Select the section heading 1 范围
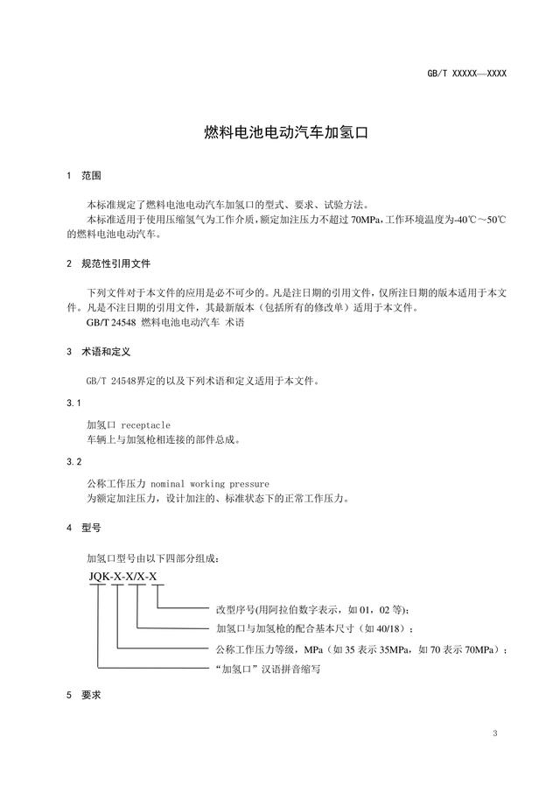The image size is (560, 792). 84,176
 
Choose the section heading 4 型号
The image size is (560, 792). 84,529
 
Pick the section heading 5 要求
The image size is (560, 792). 84,695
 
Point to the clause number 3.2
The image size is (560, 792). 73,462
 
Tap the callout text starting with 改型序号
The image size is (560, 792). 311,609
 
